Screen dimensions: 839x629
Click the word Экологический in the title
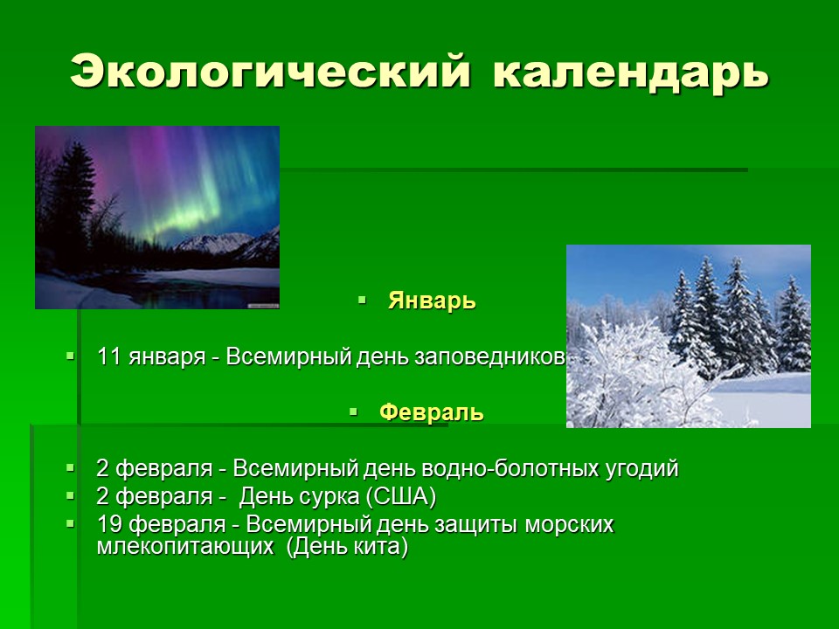coord(270,70)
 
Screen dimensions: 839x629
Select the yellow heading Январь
coord(432,301)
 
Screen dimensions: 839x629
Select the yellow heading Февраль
coord(431,412)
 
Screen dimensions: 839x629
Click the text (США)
coord(401,497)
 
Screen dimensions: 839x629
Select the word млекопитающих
coord(185,547)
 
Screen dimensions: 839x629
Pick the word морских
coord(569,525)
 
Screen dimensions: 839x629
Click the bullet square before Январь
coord(362,300)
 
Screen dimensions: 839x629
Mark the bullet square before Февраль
coord(353,411)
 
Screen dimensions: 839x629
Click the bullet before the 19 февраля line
coord(70,523)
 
